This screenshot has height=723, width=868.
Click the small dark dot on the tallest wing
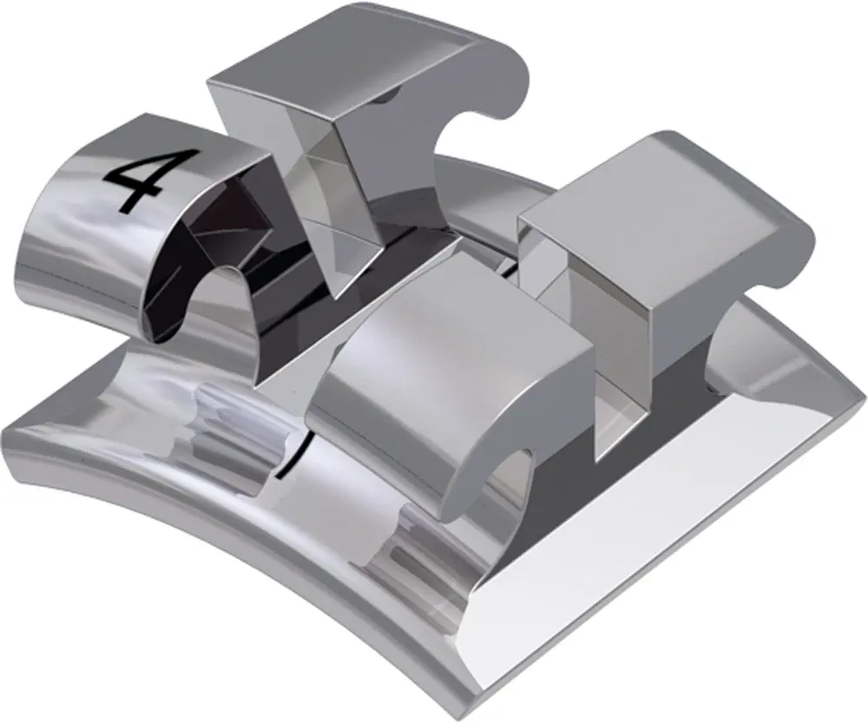pyautogui.click(x=382, y=101)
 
